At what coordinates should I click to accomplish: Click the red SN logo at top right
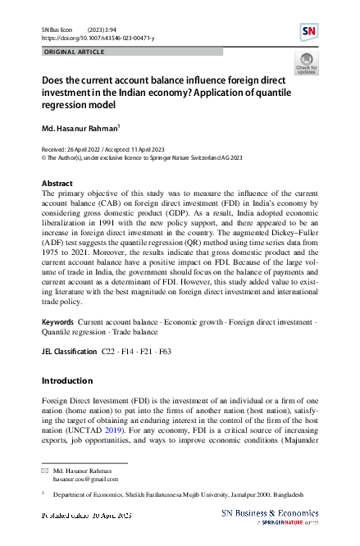tap(309, 32)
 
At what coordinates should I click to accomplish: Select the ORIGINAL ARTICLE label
tap(73, 52)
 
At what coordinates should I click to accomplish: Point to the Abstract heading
tap(57, 183)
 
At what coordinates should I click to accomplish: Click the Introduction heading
tap(66, 381)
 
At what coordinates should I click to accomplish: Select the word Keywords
tap(58, 324)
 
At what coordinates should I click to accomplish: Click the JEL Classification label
tap(68, 350)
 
